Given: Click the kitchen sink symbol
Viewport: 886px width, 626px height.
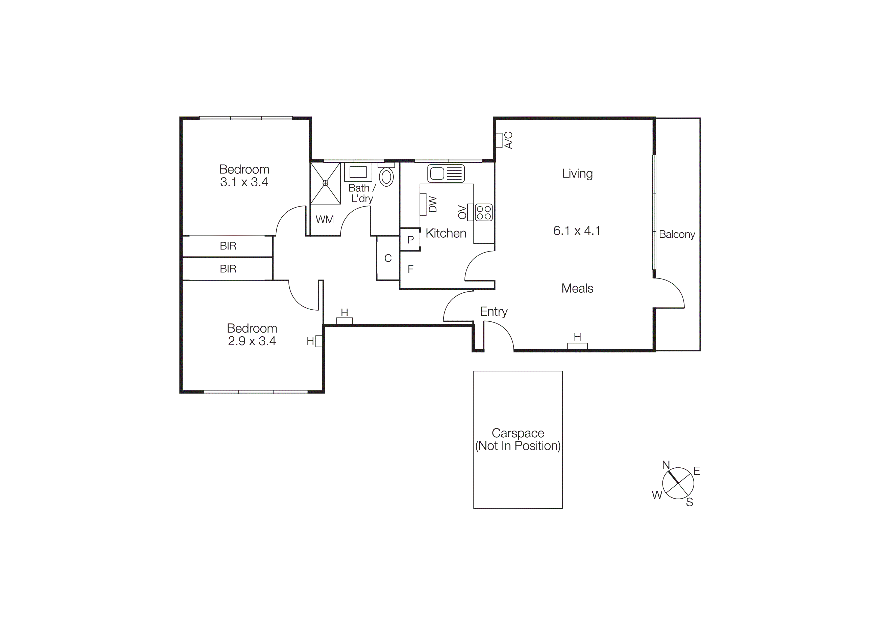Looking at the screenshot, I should pos(446,173).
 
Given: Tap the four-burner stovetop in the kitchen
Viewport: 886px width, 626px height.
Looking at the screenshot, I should pos(483,212).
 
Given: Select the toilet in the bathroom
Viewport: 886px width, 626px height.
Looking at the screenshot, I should pos(386,177).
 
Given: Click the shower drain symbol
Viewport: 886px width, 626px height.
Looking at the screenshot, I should pos(325,183).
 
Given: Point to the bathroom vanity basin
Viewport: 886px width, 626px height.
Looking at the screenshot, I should pos(358,172).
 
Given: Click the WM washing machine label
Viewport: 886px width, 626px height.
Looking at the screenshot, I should pos(325,219).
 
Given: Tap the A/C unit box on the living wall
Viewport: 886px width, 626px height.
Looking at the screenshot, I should pos(499,140).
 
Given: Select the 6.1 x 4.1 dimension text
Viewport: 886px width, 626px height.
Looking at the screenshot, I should pos(577,231).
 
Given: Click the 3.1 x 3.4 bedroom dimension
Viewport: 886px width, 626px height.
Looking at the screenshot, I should pos(244,182).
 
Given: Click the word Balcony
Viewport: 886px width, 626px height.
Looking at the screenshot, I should pos(677,235).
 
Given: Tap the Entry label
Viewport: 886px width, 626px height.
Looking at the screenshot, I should pos(494,311).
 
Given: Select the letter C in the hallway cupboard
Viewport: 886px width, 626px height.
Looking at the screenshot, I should pos(388,258).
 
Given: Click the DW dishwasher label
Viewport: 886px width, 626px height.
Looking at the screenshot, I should pos(433,205).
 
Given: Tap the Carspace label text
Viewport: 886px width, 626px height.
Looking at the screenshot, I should pos(518,433).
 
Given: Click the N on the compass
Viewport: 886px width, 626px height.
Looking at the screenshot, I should pos(666,465).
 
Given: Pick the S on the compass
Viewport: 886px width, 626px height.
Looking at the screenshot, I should pos(690,502).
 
